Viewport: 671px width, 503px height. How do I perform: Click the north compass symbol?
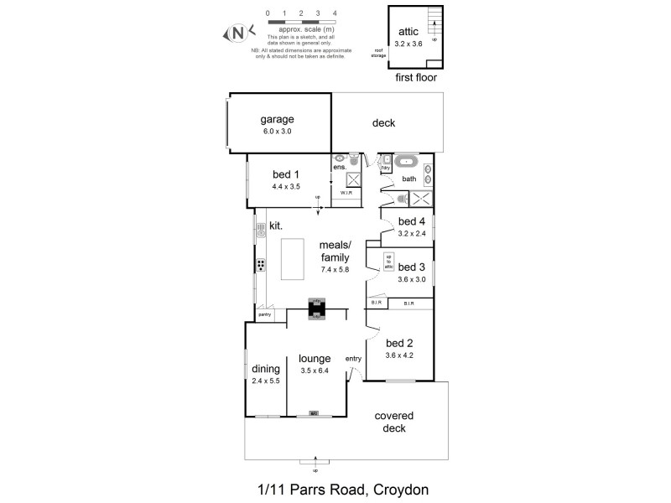238,34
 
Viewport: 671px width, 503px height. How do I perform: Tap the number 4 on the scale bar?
335,14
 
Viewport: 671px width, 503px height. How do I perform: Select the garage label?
276,119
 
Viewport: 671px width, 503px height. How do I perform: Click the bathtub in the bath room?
407,162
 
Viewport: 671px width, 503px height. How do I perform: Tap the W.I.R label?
346,193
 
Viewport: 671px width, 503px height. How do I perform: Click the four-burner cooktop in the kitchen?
261,266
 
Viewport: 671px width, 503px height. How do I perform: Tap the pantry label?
265,314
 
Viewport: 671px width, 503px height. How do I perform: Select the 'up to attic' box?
388,260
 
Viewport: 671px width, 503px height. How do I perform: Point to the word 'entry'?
353,359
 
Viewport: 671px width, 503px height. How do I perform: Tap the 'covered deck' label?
394,422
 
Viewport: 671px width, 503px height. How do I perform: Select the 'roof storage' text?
379,54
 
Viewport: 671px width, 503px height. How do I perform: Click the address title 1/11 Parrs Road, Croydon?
335,487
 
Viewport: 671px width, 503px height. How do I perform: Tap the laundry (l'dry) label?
385,168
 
